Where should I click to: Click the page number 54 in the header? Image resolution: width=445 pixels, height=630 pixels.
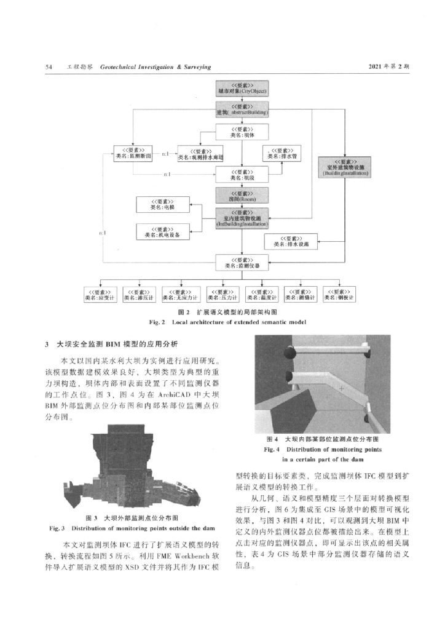tap(49, 66)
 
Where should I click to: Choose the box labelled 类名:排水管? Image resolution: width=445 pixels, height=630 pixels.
tap(282, 153)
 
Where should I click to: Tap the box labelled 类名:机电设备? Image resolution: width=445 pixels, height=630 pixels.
tap(163, 232)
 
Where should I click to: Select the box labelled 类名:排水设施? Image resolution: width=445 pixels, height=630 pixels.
tap(291, 241)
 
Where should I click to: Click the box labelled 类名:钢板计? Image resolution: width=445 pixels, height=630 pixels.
tap(340, 295)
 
